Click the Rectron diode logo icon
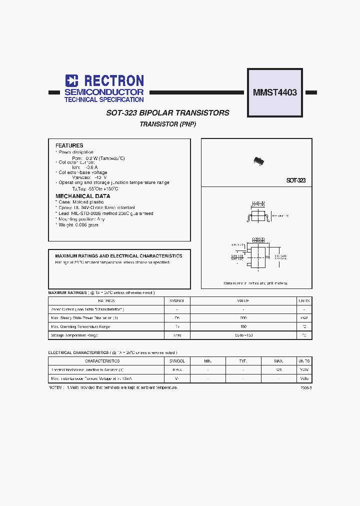coord(72,81)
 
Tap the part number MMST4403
coord(275,92)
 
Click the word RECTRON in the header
coord(114,81)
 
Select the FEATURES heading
coord(69,145)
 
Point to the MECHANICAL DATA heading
coord(82,196)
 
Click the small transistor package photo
coord(258,160)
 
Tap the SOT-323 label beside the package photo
coord(295,180)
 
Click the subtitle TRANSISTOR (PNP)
coord(167,124)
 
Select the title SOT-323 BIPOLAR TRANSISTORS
coord(167,113)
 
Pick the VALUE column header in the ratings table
coord(243,301)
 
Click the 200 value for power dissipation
coord(243,318)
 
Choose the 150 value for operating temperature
coord(243,326)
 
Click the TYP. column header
coord(243,361)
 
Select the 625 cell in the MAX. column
coord(278,370)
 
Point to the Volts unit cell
coord(304,378)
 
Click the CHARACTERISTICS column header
coord(102,361)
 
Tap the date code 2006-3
coord(306,388)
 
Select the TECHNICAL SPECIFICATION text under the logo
coord(104,100)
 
